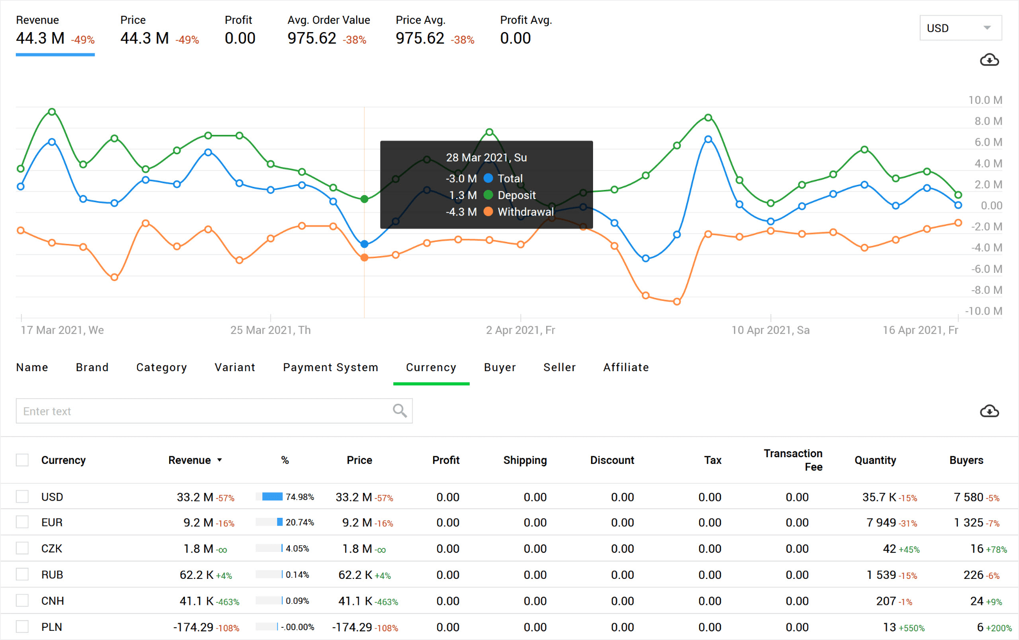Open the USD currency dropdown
[x=960, y=28]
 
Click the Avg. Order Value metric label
[x=329, y=20]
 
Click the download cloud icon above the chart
[x=989, y=60]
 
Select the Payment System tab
[x=330, y=367]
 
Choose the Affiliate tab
[x=626, y=367]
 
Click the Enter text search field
[x=204, y=411]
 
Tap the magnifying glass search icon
[x=399, y=410]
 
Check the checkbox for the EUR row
[x=22, y=522]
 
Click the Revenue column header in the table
[x=190, y=460]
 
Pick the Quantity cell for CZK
[x=889, y=548]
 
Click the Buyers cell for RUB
[x=973, y=574]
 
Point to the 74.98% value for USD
[x=300, y=497]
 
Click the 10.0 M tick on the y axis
[x=984, y=100]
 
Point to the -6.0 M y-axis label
[x=986, y=269]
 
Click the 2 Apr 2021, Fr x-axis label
[x=520, y=330]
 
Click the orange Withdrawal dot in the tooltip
[x=488, y=211]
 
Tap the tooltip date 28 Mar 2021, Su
[x=486, y=157]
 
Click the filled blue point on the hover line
[x=364, y=244]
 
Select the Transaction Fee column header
[x=793, y=460]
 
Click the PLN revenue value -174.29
[x=193, y=627]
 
